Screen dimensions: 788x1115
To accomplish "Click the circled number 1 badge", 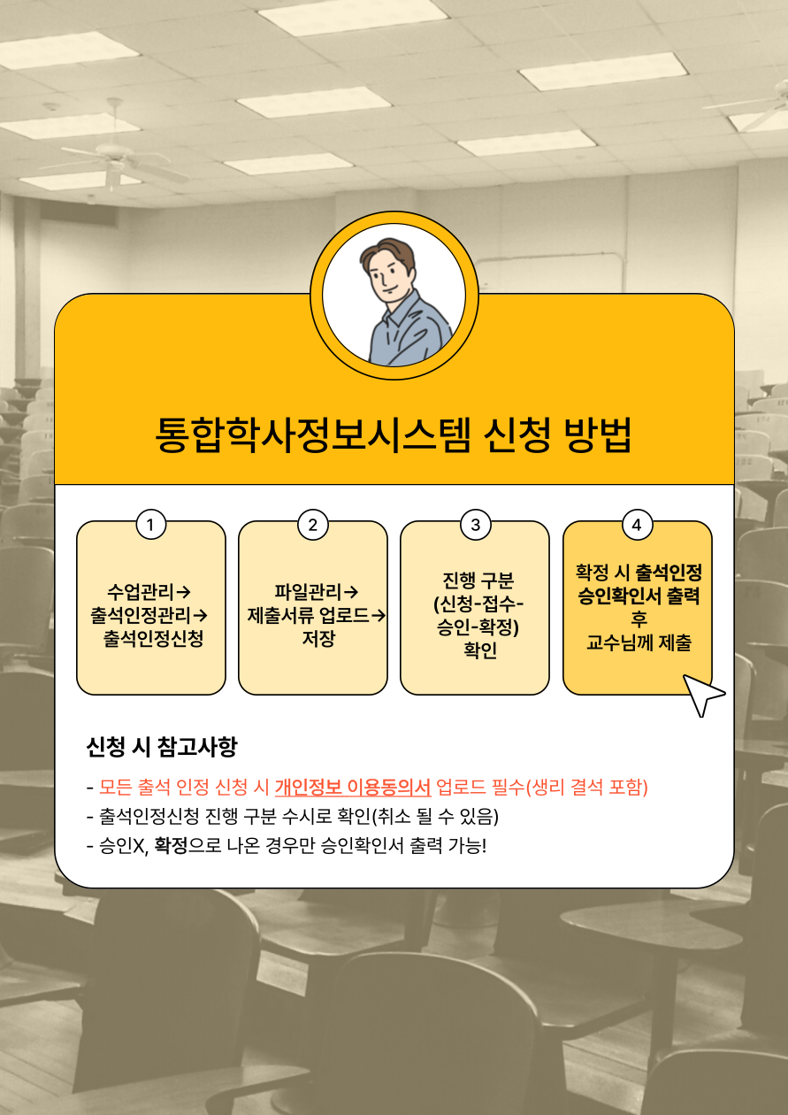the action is tap(150, 525).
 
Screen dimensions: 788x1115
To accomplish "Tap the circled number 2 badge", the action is tap(313, 525).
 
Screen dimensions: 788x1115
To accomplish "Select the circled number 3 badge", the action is tap(476, 525).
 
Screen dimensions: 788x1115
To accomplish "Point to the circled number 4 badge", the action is tap(638, 525).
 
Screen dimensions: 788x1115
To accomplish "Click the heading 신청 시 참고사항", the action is tap(162, 747).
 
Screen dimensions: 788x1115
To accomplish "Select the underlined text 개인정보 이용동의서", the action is tap(353, 787).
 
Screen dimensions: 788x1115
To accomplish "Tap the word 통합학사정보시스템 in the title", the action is tap(312, 434).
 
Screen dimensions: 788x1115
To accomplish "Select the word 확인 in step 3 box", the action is tap(480, 650).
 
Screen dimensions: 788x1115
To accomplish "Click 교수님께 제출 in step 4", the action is tap(639, 642).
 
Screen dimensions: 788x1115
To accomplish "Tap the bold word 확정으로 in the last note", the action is tap(187, 845).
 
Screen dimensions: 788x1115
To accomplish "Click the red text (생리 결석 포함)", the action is tap(586, 787).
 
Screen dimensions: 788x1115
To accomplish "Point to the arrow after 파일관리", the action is tap(351, 592).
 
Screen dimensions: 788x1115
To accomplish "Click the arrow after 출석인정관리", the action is tap(200, 615).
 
